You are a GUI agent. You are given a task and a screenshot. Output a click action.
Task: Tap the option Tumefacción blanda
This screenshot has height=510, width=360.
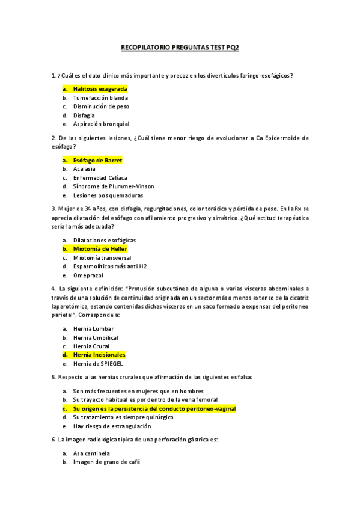pyautogui.click(x=100, y=98)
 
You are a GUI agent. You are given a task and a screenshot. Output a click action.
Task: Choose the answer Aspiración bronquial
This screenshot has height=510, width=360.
pyautogui.click(x=101, y=124)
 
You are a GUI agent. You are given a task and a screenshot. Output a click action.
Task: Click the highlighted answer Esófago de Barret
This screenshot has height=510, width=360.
pyautogui.click(x=97, y=161)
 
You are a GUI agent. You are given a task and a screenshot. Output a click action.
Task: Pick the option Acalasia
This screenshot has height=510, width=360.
pyautogui.click(x=84, y=169)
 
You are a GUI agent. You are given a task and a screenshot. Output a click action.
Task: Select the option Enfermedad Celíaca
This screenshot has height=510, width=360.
pyautogui.click(x=100, y=178)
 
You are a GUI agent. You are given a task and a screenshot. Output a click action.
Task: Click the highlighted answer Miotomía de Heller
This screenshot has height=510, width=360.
pyautogui.click(x=100, y=248)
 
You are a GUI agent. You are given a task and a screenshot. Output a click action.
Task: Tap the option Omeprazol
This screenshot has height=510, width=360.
pyautogui.click(x=88, y=275)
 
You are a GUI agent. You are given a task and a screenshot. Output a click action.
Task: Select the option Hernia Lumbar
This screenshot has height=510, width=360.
pyautogui.click(x=93, y=329)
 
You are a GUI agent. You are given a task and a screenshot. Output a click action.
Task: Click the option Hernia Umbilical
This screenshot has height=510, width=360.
pyautogui.click(x=95, y=337)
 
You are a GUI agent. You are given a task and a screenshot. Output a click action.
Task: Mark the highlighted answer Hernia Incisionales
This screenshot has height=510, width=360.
pyautogui.click(x=99, y=355)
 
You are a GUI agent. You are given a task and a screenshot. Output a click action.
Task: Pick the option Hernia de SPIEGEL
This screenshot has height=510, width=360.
pyautogui.click(x=98, y=364)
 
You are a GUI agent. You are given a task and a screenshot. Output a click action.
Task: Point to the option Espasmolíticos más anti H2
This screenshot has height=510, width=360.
pyautogui.click(x=109, y=266)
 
